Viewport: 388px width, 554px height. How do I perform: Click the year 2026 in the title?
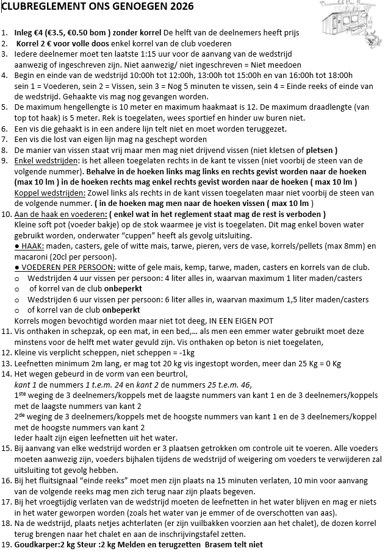(x=179, y=7)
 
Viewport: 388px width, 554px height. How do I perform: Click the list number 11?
(x=7, y=332)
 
